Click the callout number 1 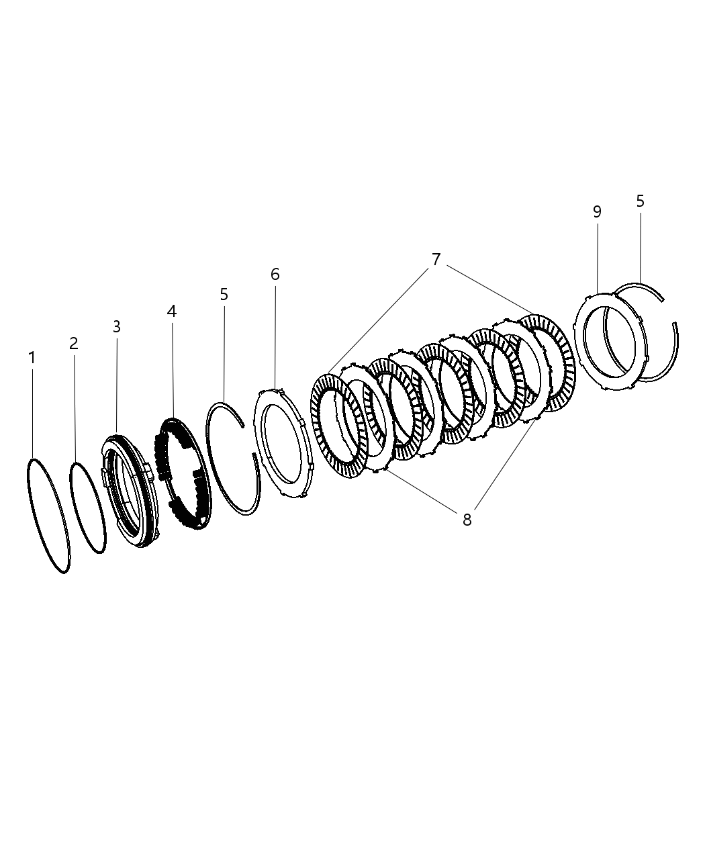coord(32,358)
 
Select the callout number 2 coord(74,343)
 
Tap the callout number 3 coord(116,327)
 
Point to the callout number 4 coord(171,311)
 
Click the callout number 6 coord(275,274)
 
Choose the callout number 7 coord(436,259)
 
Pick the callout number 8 coord(467,519)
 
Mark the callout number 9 coord(597,211)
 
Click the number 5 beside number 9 coord(640,201)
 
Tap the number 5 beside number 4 coord(224,294)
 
